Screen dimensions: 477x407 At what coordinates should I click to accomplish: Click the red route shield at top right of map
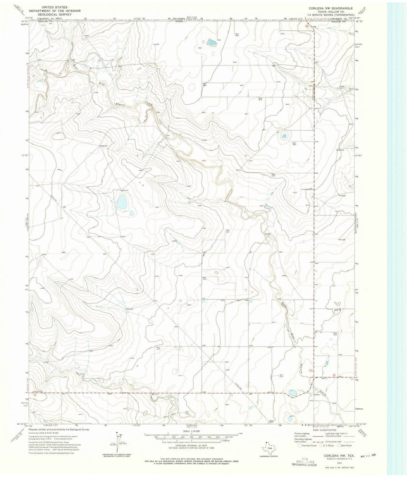coord(307,26)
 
